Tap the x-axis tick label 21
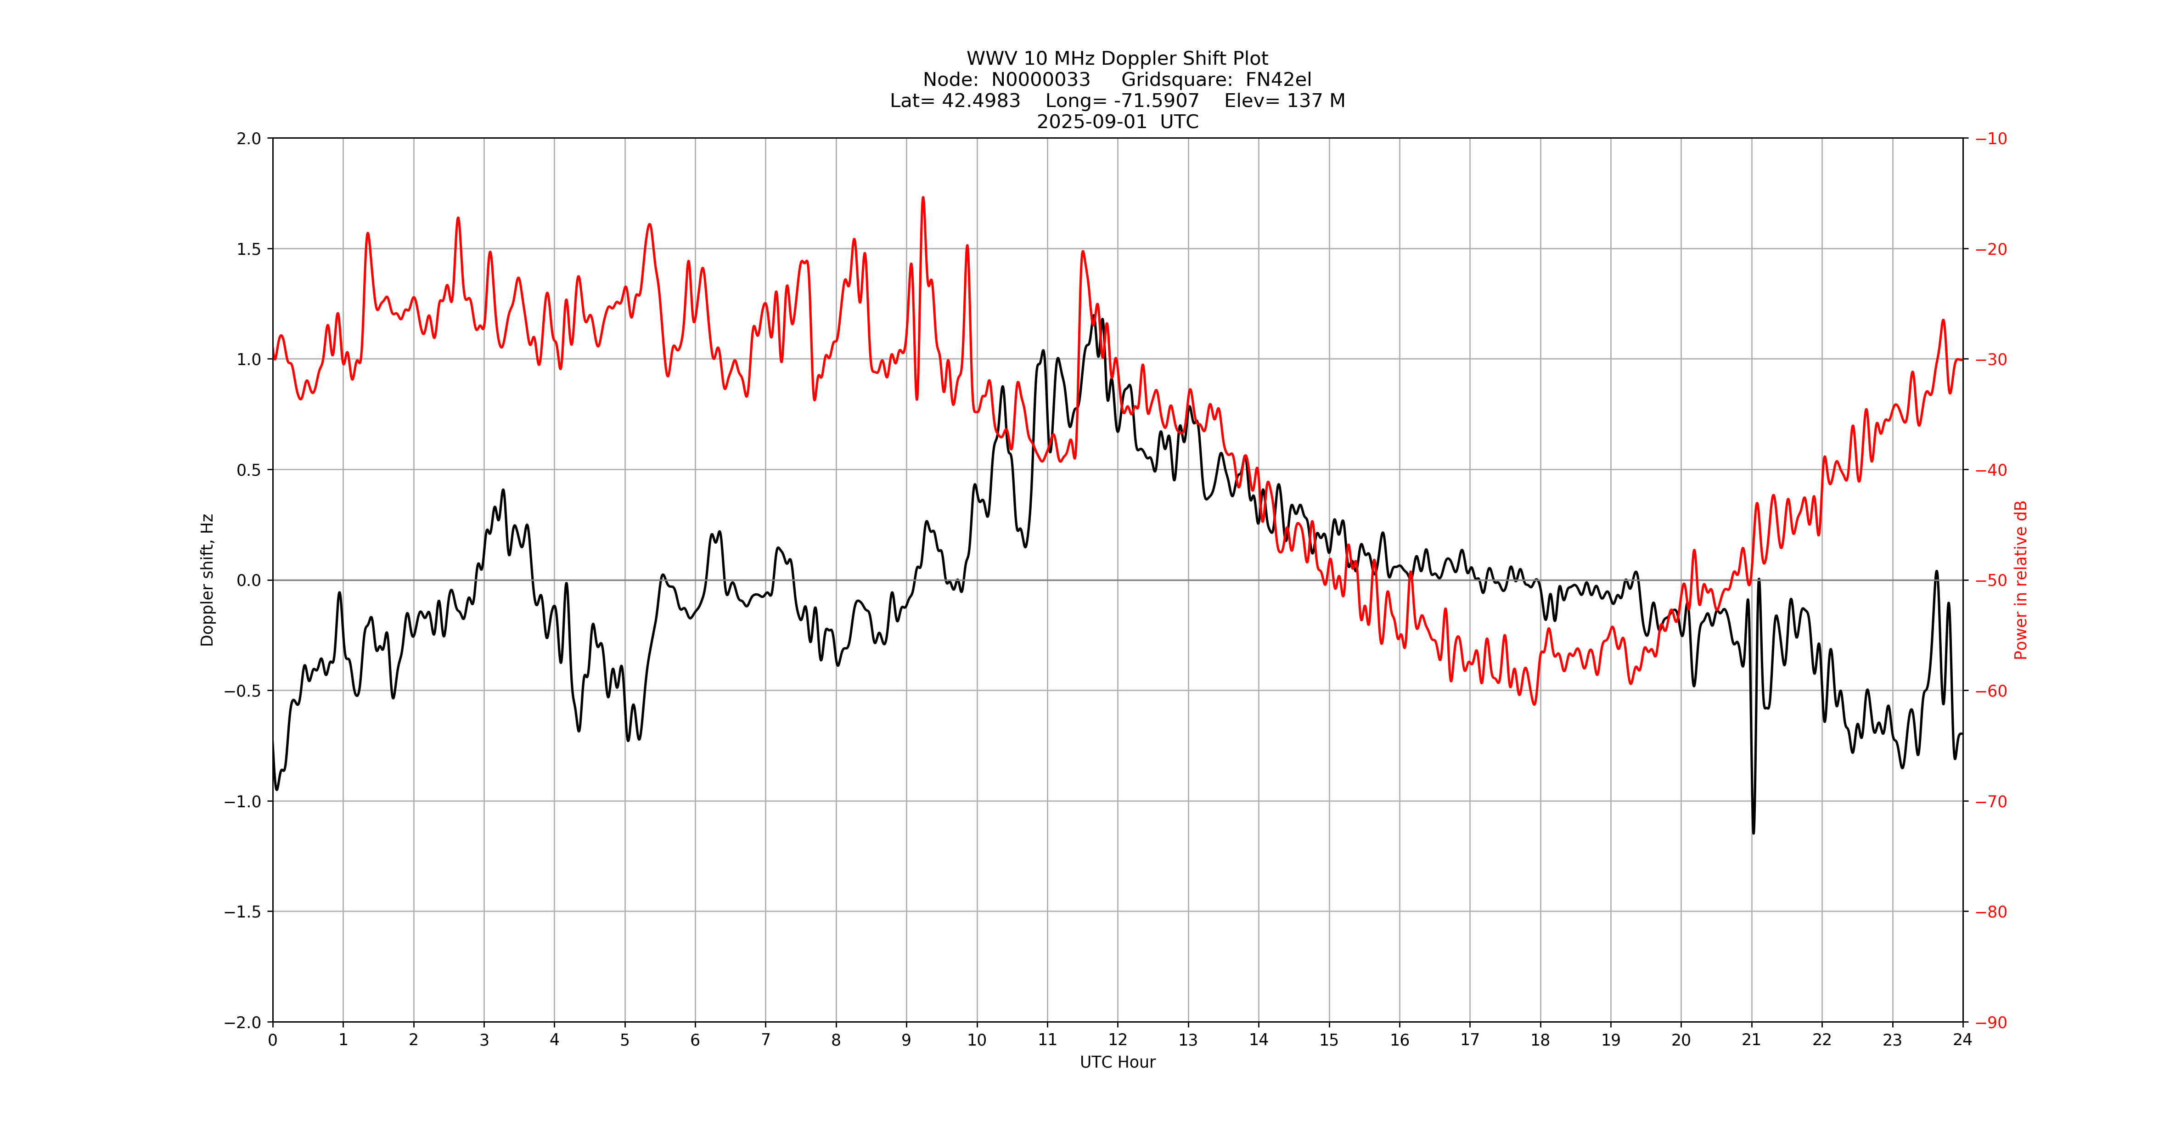click(x=1751, y=1040)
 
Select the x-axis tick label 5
click(x=625, y=1040)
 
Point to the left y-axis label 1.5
click(x=249, y=249)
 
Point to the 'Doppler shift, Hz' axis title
click(x=208, y=580)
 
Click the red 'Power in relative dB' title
click(x=2021, y=580)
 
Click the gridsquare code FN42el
click(x=1278, y=79)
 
